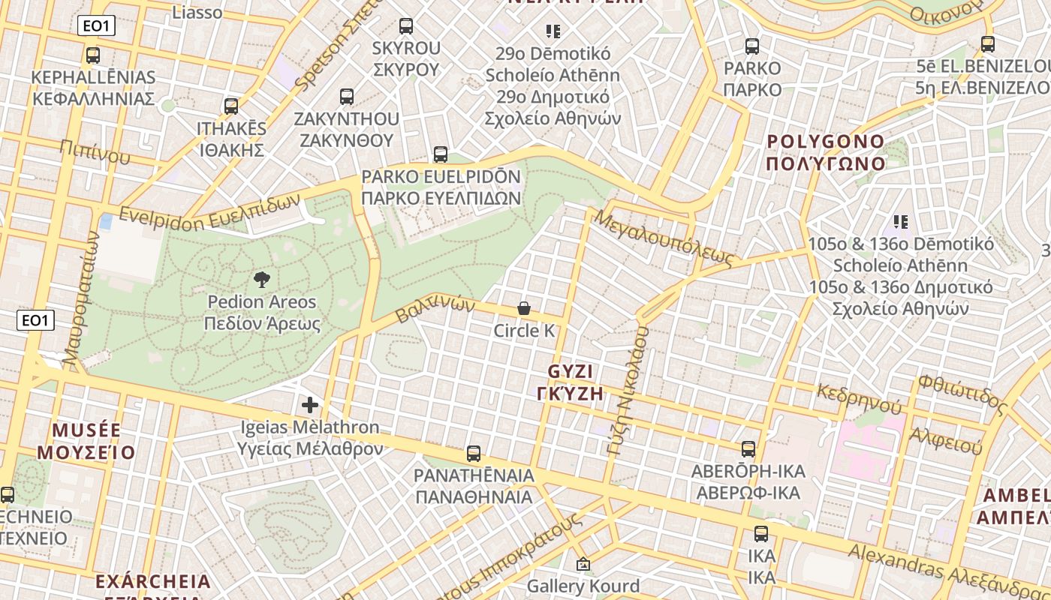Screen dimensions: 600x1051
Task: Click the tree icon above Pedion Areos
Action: tap(262, 280)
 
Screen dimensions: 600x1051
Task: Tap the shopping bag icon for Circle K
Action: tap(524, 308)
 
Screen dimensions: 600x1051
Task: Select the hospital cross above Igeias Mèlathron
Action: tap(310, 406)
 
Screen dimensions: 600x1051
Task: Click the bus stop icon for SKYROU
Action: tap(406, 26)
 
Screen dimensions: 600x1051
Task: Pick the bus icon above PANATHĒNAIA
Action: tap(474, 453)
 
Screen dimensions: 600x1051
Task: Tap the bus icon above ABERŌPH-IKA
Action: tap(748, 448)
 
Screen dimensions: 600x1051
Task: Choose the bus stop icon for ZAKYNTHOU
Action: tap(346, 96)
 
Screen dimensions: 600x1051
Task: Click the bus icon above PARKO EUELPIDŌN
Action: tap(441, 154)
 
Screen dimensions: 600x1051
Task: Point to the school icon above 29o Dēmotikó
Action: tap(553, 31)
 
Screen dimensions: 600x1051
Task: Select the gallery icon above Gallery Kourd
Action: tap(583, 564)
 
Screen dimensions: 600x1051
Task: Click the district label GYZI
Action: tap(571, 371)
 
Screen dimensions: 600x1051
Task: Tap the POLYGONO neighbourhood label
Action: tap(826, 142)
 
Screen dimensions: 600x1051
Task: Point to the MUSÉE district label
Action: tap(86, 430)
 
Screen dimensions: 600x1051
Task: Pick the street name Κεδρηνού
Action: tap(859, 400)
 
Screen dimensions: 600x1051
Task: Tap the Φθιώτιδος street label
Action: tap(962, 394)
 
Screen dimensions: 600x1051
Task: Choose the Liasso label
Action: tap(197, 12)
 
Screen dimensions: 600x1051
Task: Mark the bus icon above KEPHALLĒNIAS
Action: tap(93, 55)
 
